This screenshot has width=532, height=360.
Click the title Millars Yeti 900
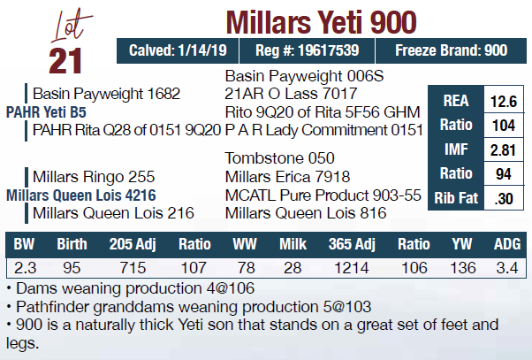(321, 20)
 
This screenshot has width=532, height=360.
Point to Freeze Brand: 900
(451, 50)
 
